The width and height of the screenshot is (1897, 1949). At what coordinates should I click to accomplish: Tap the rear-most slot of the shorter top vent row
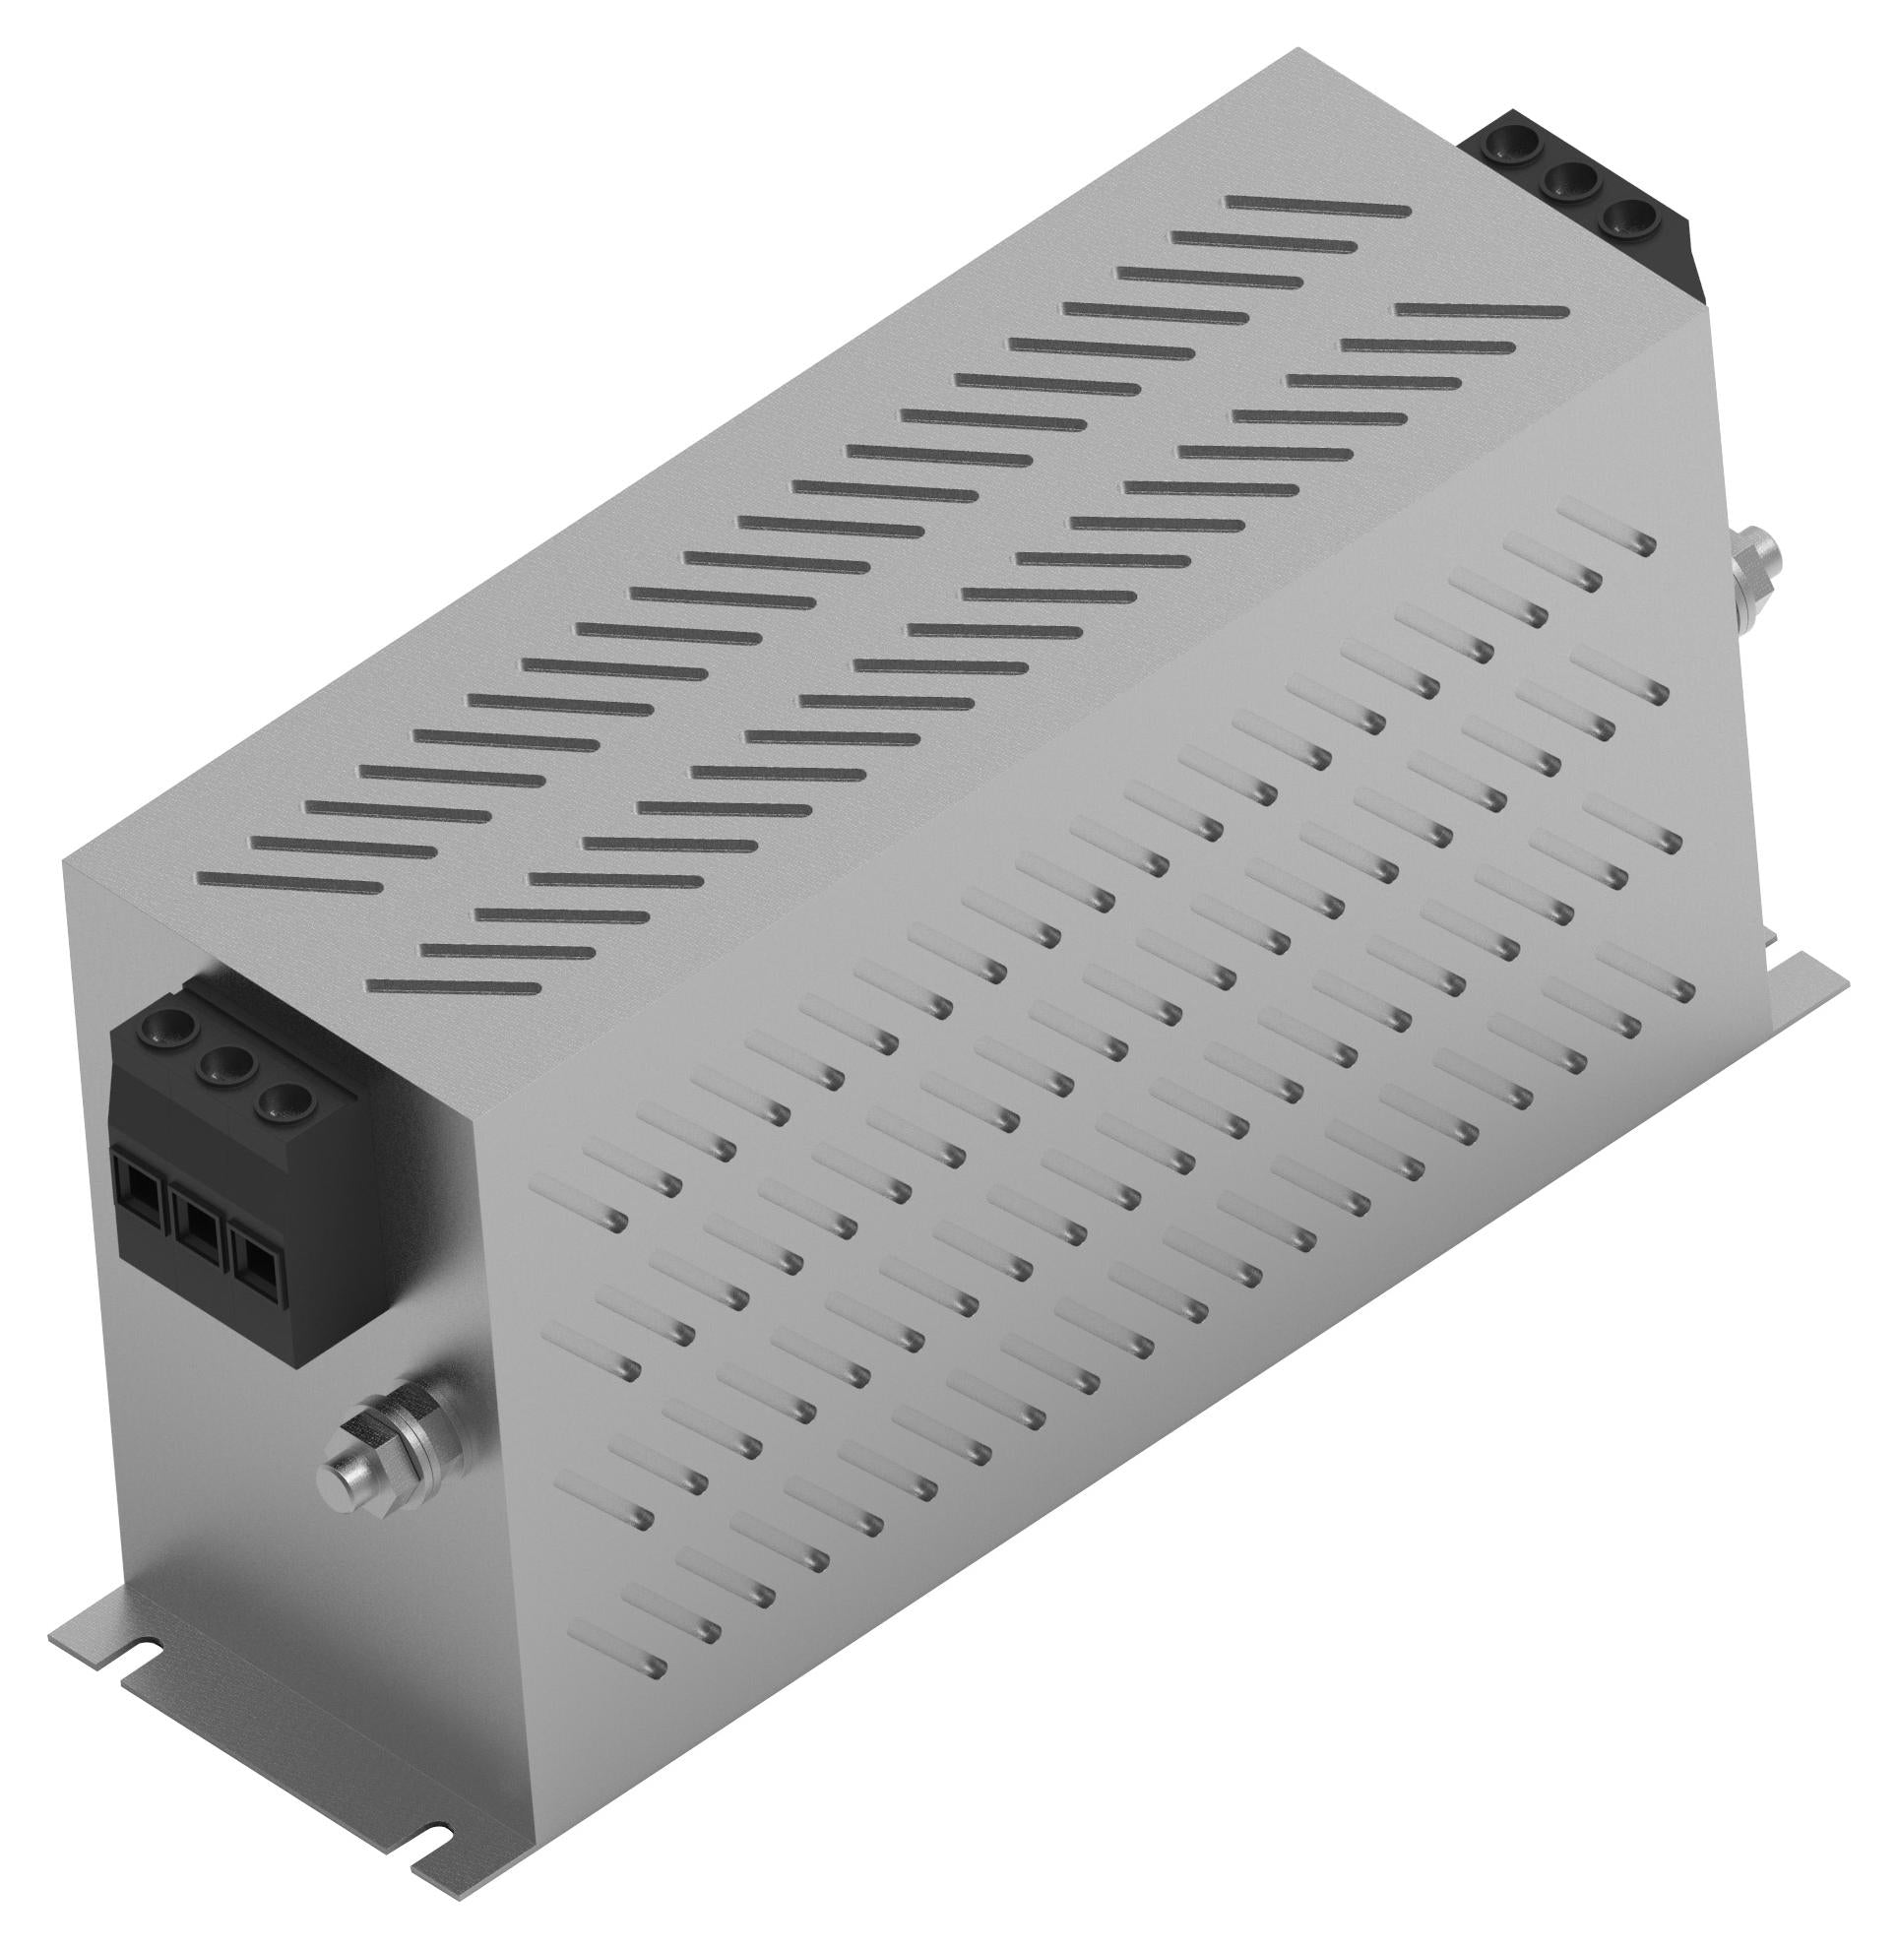1482,312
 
